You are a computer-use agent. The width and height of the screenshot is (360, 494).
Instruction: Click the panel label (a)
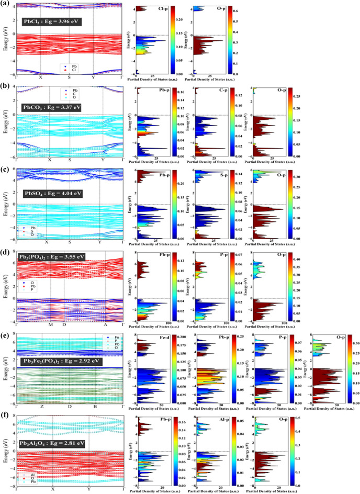click(5, 5)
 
